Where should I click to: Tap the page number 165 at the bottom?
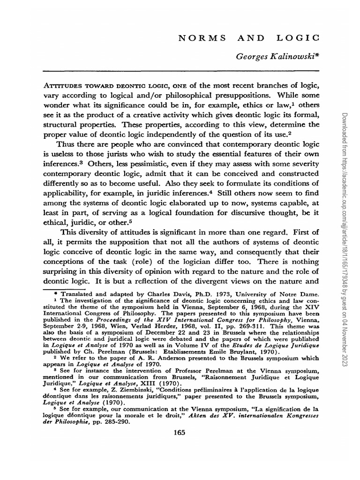179,433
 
